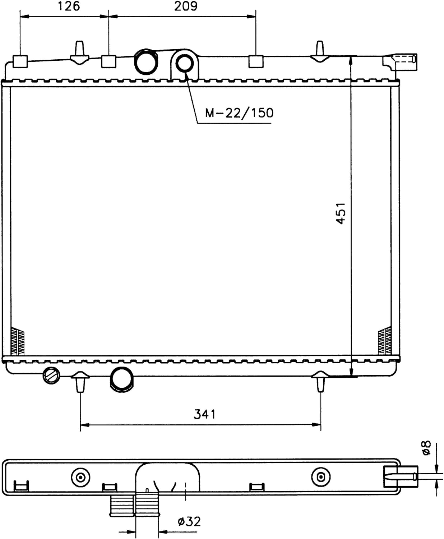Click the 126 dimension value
point(69,6)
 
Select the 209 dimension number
point(186,6)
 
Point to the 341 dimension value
point(204,414)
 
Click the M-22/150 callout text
point(239,113)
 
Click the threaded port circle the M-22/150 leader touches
point(185,64)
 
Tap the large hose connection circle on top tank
point(146,62)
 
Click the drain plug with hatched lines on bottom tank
point(51,376)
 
